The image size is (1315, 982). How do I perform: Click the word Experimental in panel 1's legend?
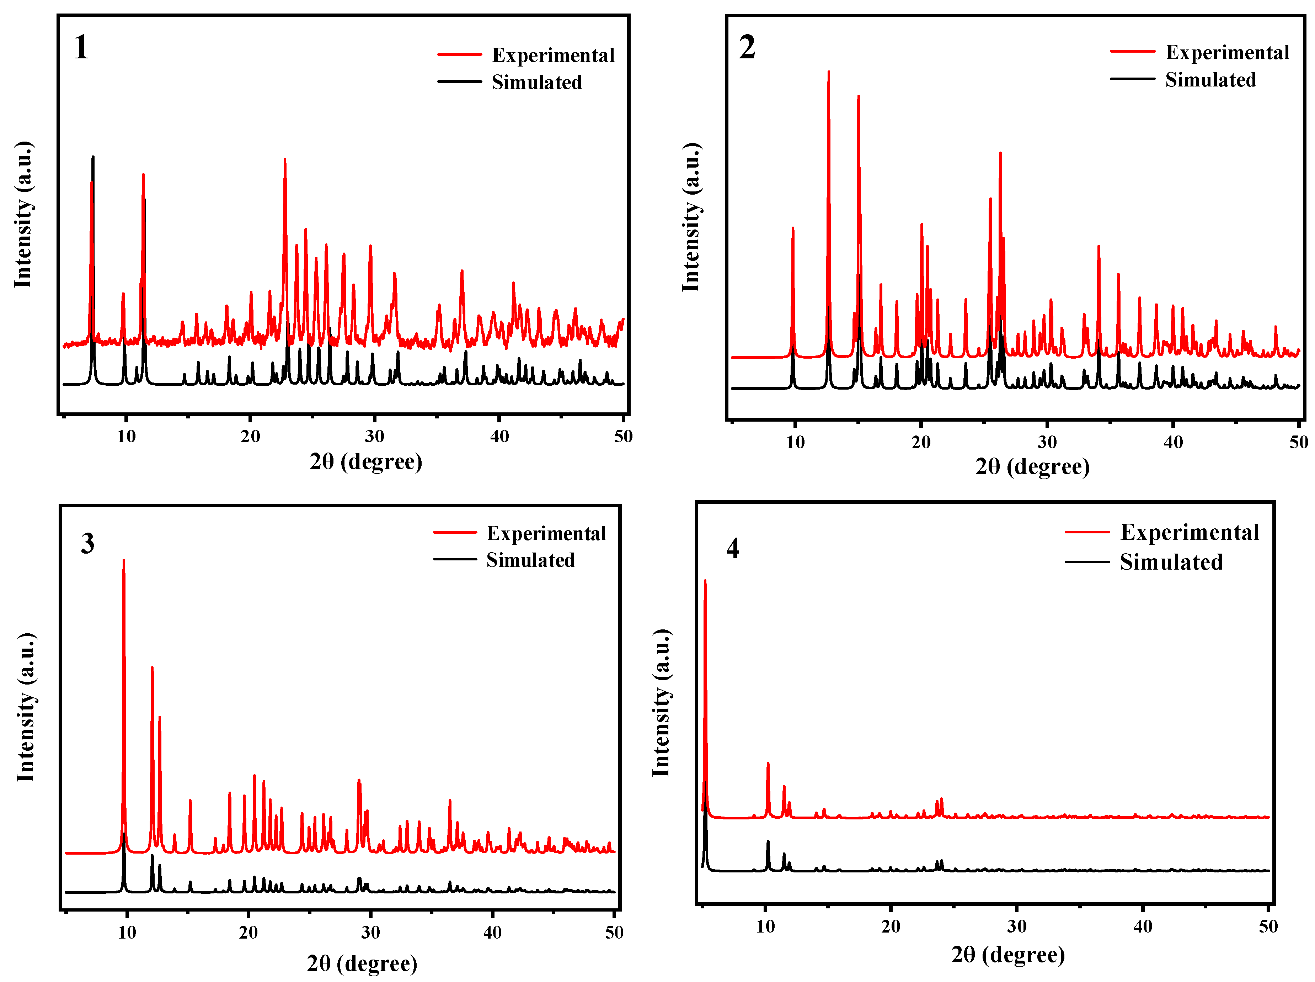[552, 55]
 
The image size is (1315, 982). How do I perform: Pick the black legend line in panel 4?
[1086, 562]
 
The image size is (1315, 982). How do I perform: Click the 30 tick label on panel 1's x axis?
[374, 436]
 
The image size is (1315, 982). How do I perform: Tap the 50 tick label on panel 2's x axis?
[1298, 442]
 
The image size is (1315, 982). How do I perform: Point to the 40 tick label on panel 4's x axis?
[1142, 926]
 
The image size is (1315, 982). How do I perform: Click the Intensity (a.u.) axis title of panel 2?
[691, 217]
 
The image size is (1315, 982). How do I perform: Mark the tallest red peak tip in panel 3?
[124, 560]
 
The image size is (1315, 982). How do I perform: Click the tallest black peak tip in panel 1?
[93, 157]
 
